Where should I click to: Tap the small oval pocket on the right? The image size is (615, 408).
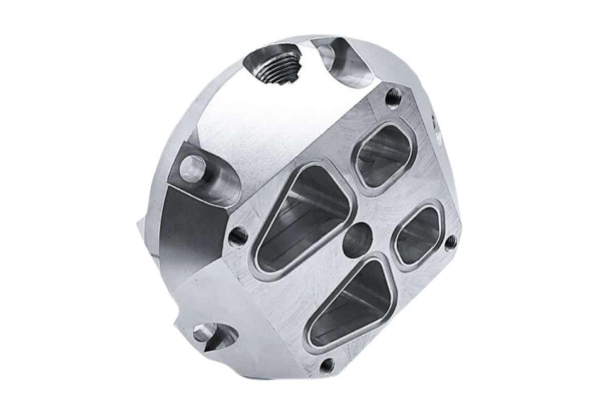coord(418,235)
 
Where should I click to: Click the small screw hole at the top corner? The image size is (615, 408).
coord(393,96)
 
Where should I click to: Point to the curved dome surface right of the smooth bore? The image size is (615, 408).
coord(395,61)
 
